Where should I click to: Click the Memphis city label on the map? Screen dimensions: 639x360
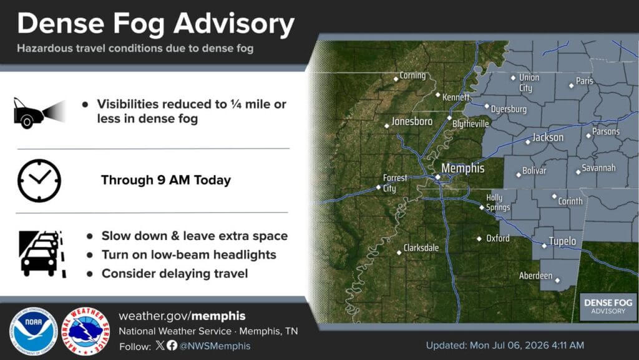pyautogui.click(x=462, y=168)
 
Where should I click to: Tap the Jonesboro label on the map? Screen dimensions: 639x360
pyautogui.click(x=412, y=121)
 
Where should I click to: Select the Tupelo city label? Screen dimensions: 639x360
pyautogui.click(x=562, y=241)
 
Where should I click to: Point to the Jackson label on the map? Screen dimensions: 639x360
pyautogui.click(x=548, y=137)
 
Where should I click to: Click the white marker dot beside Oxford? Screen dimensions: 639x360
pyautogui.click(x=479, y=239)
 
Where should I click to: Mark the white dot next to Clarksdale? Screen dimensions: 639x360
pyautogui.click(x=399, y=252)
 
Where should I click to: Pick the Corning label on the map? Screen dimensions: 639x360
pyautogui.click(x=412, y=76)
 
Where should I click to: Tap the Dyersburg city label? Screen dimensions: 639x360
pyautogui.click(x=509, y=109)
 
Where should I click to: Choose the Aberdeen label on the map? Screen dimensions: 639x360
pyautogui.click(x=535, y=276)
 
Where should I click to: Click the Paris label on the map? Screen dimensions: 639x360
pyautogui.click(x=584, y=81)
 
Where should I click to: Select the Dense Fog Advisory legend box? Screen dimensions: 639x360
pyautogui.click(x=608, y=306)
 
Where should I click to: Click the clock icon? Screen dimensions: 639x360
pyautogui.click(x=39, y=181)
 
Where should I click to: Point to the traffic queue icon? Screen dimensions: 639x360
pyautogui.click(x=42, y=254)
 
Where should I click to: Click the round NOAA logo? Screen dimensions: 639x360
pyautogui.click(x=34, y=331)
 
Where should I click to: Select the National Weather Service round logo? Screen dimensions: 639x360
pyautogui.click(x=85, y=331)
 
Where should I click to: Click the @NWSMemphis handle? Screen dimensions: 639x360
pyautogui.click(x=215, y=346)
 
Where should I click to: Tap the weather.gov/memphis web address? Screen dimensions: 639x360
pyautogui.click(x=182, y=316)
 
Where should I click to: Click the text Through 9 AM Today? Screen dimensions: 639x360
pyautogui.click(x=166, y=180)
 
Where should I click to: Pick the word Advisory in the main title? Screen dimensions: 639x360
pyautogui.click(x=234, y=24)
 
